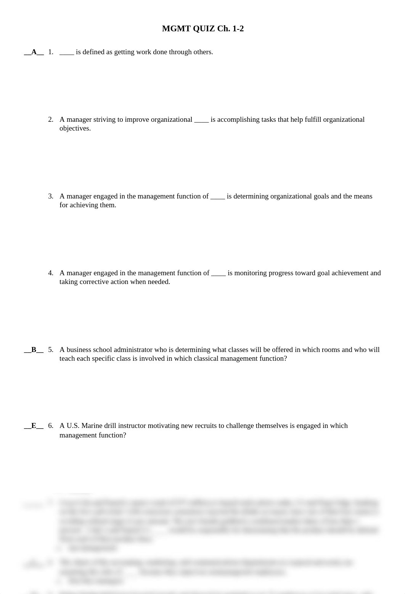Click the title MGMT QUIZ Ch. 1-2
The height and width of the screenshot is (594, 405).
tap(202, 29)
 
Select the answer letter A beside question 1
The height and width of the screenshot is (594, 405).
tap(34, 52)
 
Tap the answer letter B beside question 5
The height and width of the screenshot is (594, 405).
tap(34, 350)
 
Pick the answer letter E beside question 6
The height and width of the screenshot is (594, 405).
tap(34, 426)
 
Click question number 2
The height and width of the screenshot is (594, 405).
tap(50, 119)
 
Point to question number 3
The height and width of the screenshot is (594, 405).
tap(50, 196)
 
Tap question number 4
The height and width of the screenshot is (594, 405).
tap(50, 273)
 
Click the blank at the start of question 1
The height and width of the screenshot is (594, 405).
tap(67, 53)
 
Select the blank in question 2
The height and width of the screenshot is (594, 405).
tap(201, 120)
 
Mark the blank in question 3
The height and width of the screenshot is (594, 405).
tap(217, 197)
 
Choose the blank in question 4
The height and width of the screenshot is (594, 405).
tap(218, 274)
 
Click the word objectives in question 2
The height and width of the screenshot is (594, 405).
tap(75, 128)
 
